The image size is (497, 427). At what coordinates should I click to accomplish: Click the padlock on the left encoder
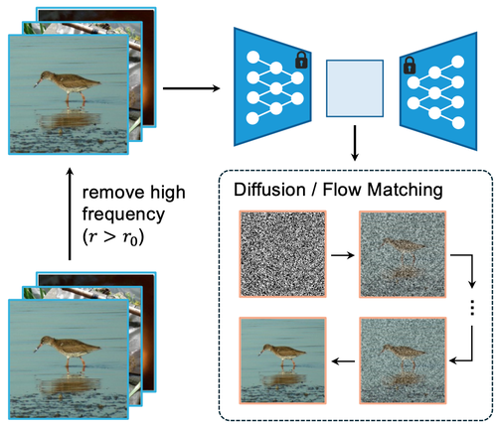(x=301, y=60)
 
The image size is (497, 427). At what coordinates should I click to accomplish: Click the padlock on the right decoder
(x=410, y=65)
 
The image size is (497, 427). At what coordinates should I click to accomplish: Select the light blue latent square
(x=355, y=88)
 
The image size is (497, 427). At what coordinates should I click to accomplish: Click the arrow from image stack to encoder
(x=191, y=88)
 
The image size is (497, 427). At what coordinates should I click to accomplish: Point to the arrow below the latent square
(x=355, y=143)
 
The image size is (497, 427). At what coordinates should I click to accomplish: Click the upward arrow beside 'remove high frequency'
(x=70, y=213)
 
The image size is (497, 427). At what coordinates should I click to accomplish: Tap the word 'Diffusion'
(x=269, y=190)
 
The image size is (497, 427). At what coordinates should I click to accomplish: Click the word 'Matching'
(x=406, y=191)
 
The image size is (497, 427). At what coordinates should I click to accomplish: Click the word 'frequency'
(x=123, y=215)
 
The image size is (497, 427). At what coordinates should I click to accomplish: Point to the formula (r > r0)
(x=113, y=237)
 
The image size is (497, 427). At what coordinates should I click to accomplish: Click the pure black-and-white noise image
(x=282, y=254)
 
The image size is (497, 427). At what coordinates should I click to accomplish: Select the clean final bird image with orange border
(x=282, y=360)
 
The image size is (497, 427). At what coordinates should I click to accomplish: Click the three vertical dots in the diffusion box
(x=472, y=308)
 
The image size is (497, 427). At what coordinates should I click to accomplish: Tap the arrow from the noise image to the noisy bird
(x=343, y=255)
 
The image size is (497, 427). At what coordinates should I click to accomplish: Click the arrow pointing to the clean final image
(x=343, y=361)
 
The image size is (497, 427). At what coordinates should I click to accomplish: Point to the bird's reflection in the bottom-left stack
(x=69, y=385)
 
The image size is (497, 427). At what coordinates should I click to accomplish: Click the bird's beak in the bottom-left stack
(x=37, y=348)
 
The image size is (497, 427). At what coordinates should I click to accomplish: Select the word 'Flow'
(x=342, y=190)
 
